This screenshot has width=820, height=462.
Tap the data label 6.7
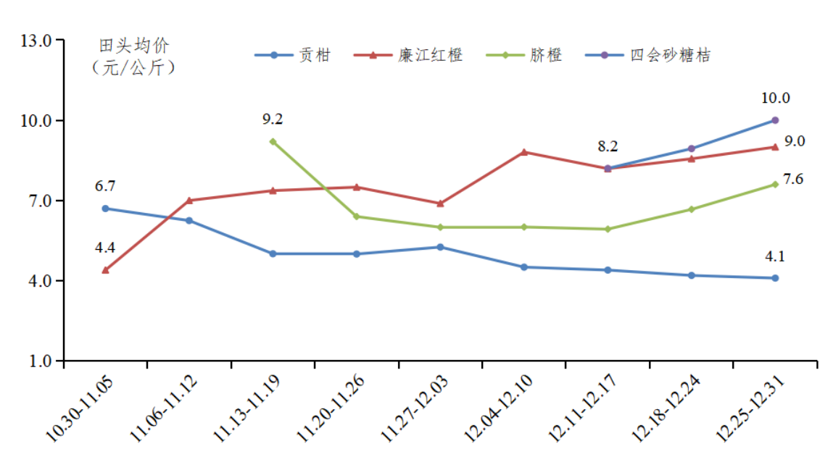(x=105, y=187)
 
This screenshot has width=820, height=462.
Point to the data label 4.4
(x=105, y=248)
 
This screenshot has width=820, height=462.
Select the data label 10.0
(x=775, y=98)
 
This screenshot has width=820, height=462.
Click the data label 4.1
(x=775, y=256)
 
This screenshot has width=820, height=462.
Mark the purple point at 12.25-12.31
(x=775, y=120)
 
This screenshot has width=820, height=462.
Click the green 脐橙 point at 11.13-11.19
(x=273, y=142)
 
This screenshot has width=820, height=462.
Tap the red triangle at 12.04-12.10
(x=524, y=152)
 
